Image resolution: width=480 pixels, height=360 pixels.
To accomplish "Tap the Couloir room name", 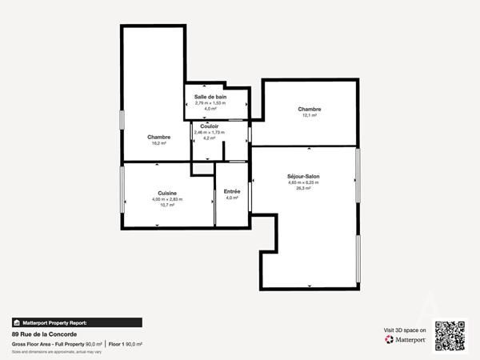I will [x=210, y=126].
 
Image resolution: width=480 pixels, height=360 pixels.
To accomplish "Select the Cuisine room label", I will [x=167, y=193].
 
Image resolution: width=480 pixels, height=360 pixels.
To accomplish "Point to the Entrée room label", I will [x=232, y=190].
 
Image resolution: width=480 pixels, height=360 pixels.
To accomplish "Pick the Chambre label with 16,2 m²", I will [x=158, y=137].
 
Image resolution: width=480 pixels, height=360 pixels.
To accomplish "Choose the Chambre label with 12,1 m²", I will [x=310, y=109].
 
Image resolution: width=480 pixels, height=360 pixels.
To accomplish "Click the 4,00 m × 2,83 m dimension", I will [x=167, y=199].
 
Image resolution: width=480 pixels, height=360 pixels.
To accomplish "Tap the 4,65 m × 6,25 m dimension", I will [x=303, y=183].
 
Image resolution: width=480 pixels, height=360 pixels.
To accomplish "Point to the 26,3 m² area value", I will [x=303, y=190].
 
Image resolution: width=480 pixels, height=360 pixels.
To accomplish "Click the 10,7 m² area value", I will [x=167, y=206].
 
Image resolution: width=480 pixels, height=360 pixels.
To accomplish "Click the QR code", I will [x=450, y=336].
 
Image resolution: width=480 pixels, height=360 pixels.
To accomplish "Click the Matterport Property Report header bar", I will [x=77, y=322].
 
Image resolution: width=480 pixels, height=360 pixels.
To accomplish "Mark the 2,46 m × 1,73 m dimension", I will [x=210, y=132].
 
